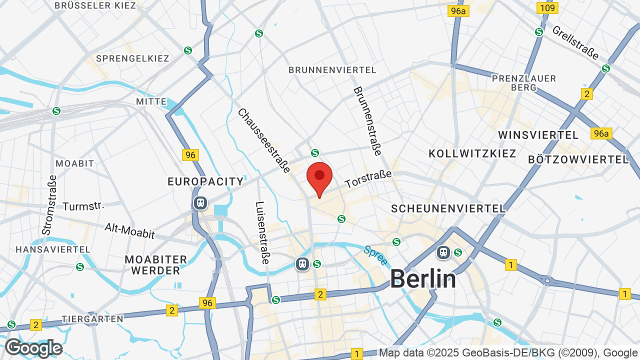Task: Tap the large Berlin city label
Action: (x=422, y=278)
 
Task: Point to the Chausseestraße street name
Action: (x=263, y=141)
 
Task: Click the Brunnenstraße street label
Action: (x=367, y=120)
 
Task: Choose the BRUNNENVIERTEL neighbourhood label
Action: (x=332, y=70)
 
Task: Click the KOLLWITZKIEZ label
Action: (x=472, y=153)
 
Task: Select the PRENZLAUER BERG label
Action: (x=523, y=82)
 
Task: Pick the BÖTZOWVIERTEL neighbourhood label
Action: (x=578, y=159)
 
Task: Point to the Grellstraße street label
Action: (x=575, y=42)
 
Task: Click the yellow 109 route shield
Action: (x=547, y=7)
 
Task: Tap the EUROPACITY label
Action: (x=205, y=181)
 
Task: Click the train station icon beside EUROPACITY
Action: (x=200, y=203)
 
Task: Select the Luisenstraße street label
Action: (x=262, y=232)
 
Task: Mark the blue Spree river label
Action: (x=375, y=255)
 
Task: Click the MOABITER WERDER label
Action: (x=156, y=265)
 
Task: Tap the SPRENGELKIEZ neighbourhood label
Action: (x=132, y=58)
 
